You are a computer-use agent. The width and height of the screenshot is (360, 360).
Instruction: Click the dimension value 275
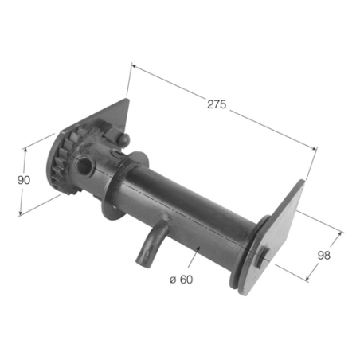click(x=217, y=104)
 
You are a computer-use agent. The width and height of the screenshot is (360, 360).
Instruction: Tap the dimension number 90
click(x=24, y=180)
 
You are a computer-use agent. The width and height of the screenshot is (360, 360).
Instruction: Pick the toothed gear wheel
click(x=61, y=163)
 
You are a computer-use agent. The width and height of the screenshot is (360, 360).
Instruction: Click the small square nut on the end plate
click(x=264, y=256)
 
